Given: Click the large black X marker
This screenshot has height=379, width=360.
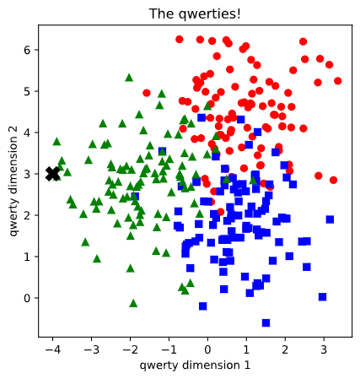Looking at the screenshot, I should coord(53,173).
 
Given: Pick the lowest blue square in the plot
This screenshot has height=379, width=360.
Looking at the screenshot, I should coord(266,322).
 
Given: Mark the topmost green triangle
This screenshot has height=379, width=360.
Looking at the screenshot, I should coord(129,78).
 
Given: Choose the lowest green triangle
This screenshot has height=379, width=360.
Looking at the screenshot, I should coord(133,303).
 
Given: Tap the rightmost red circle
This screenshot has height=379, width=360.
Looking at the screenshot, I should coord(337,81).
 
